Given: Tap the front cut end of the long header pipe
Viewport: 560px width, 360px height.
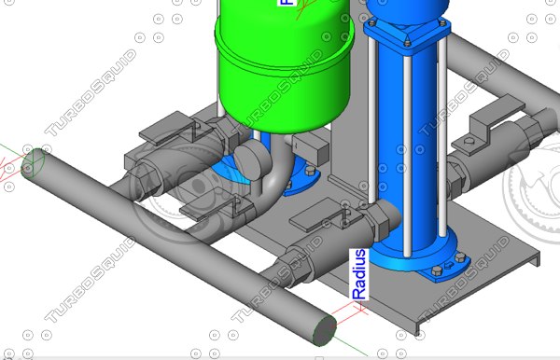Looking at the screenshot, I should pyautogui.click(x=323, y=327).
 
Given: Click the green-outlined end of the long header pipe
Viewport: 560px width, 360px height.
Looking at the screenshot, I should pyautogui.click(x=35, y=163).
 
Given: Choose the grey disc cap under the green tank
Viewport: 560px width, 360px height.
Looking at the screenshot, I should pyautogui.click(x=250, y=158).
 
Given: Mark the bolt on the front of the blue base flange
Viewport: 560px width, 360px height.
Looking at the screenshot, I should pyautogui.click(x=436, y=272).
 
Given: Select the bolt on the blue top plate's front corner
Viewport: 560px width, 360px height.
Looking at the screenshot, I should pyautogui.click(x=408, y=42).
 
